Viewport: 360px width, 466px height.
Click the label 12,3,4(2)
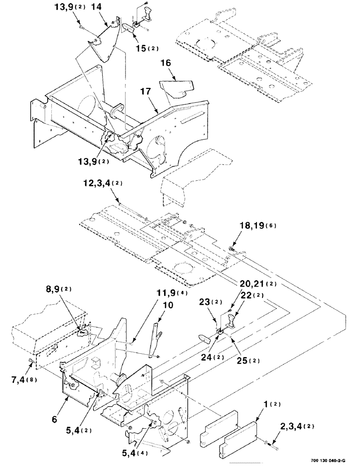click(x=103, y=184)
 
